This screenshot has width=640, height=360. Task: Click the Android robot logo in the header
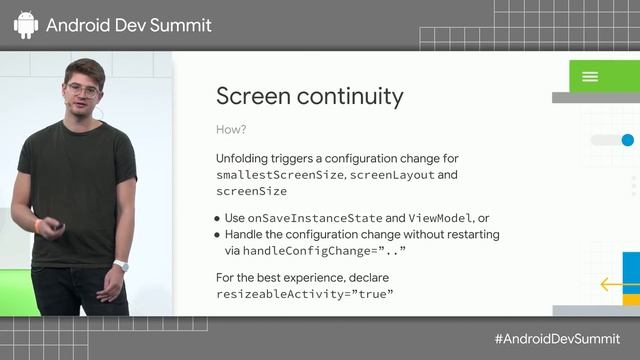[x=26, y=25]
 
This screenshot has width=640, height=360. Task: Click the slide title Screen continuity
[x=310, y=96]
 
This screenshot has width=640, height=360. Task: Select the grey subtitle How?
[x=230, y=130]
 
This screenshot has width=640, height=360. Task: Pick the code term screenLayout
[x=394, y=175]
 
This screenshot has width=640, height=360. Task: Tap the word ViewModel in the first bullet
[x=439, y=218]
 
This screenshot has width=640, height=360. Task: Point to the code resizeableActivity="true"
[x=305, y=295]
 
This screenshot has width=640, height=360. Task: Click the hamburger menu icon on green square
[x=590, y=77]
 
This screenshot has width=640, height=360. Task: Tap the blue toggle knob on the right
[x=628, y=140]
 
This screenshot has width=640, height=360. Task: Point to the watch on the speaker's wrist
[x=121, y=265]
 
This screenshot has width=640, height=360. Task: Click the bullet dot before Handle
[x=219, y=235]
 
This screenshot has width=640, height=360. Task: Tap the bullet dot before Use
[x=219, y=218]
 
